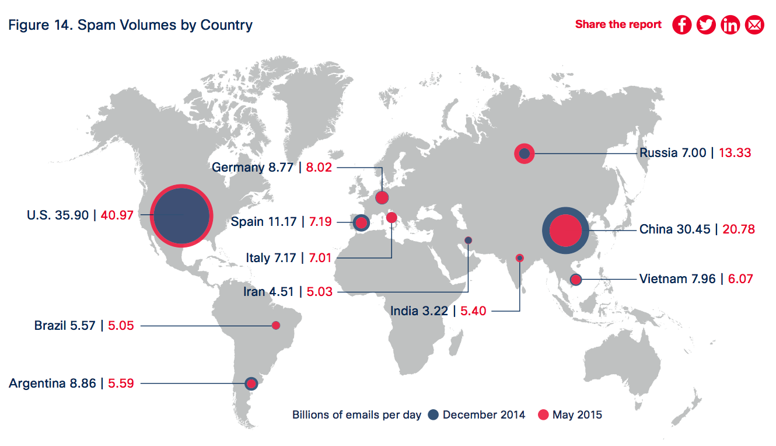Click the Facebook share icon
coord(681,25)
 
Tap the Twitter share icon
coord(706,25)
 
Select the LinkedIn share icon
coord(730,25)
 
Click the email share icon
coord(754,25)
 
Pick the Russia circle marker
coord(524,154)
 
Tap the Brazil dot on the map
coord(277,325)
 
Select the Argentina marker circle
coord(251,384)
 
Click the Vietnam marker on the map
coord(576,280)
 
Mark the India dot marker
coord(519,258)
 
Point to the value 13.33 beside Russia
coord(735,154)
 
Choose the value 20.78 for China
coord(739,229)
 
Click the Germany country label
coord(237,168)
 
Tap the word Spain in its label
coord(247,222)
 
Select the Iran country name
coord(254,291)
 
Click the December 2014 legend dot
coord(433,415)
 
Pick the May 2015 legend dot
coord(543,415)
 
